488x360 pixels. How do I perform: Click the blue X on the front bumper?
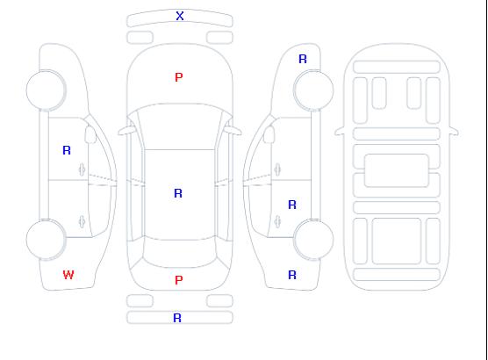click(180, 16)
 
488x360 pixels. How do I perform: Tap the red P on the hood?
click(179, 77)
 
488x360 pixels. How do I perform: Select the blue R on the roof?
click(178, 193)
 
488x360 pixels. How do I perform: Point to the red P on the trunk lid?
click(179, 280)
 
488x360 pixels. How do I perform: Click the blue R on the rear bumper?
click(177, 318)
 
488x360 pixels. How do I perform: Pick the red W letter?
click(68, 275)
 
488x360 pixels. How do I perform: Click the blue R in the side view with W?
click(67, 150)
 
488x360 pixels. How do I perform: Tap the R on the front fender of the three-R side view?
click(303, 59)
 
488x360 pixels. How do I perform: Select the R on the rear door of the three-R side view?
click(292, 205)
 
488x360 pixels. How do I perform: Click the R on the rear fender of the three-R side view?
click(292, 275)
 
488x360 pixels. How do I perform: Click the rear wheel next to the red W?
click(46, 240)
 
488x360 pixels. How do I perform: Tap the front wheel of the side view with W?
click(46, 90)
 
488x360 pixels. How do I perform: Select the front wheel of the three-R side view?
click(313, 90)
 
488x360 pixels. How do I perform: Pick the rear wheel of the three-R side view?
click(313, 240)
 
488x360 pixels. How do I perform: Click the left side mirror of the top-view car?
click(126, 131)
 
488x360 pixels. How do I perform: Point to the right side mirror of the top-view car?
click(233, 131)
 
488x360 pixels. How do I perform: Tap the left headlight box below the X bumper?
click(140, 38)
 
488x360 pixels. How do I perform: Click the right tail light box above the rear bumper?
click(219, 301)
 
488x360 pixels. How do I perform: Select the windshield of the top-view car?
click(180, 126)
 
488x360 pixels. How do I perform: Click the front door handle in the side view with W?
click(82, 169)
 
